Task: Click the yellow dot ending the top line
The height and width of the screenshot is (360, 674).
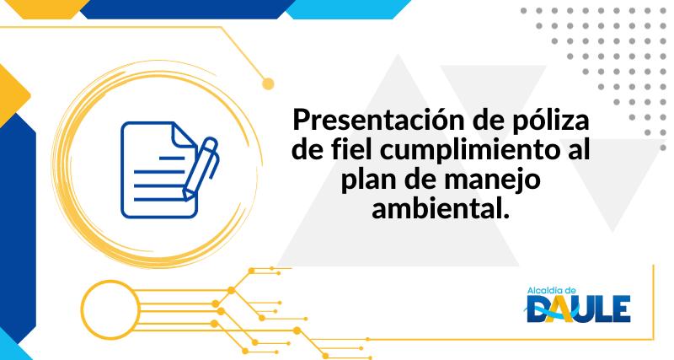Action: click(x=269, y=83)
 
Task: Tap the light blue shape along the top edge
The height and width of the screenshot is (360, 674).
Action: click(x=337, y=8)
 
